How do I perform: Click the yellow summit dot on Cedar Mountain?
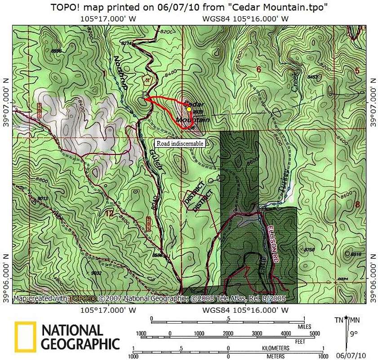(189, 109)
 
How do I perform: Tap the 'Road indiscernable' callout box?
(180, 143)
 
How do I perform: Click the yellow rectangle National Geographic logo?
(25, 337)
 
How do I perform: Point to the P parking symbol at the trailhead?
(144, 95)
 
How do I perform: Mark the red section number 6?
(258, 69)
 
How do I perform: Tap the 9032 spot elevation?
(96, 273)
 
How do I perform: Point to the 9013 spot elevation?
(43, 198)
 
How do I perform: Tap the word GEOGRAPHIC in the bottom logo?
(81, 344)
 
